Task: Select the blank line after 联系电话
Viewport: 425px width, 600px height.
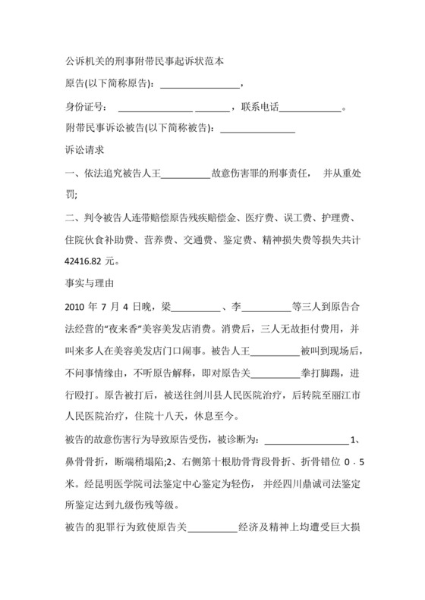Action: coord(311,108)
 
